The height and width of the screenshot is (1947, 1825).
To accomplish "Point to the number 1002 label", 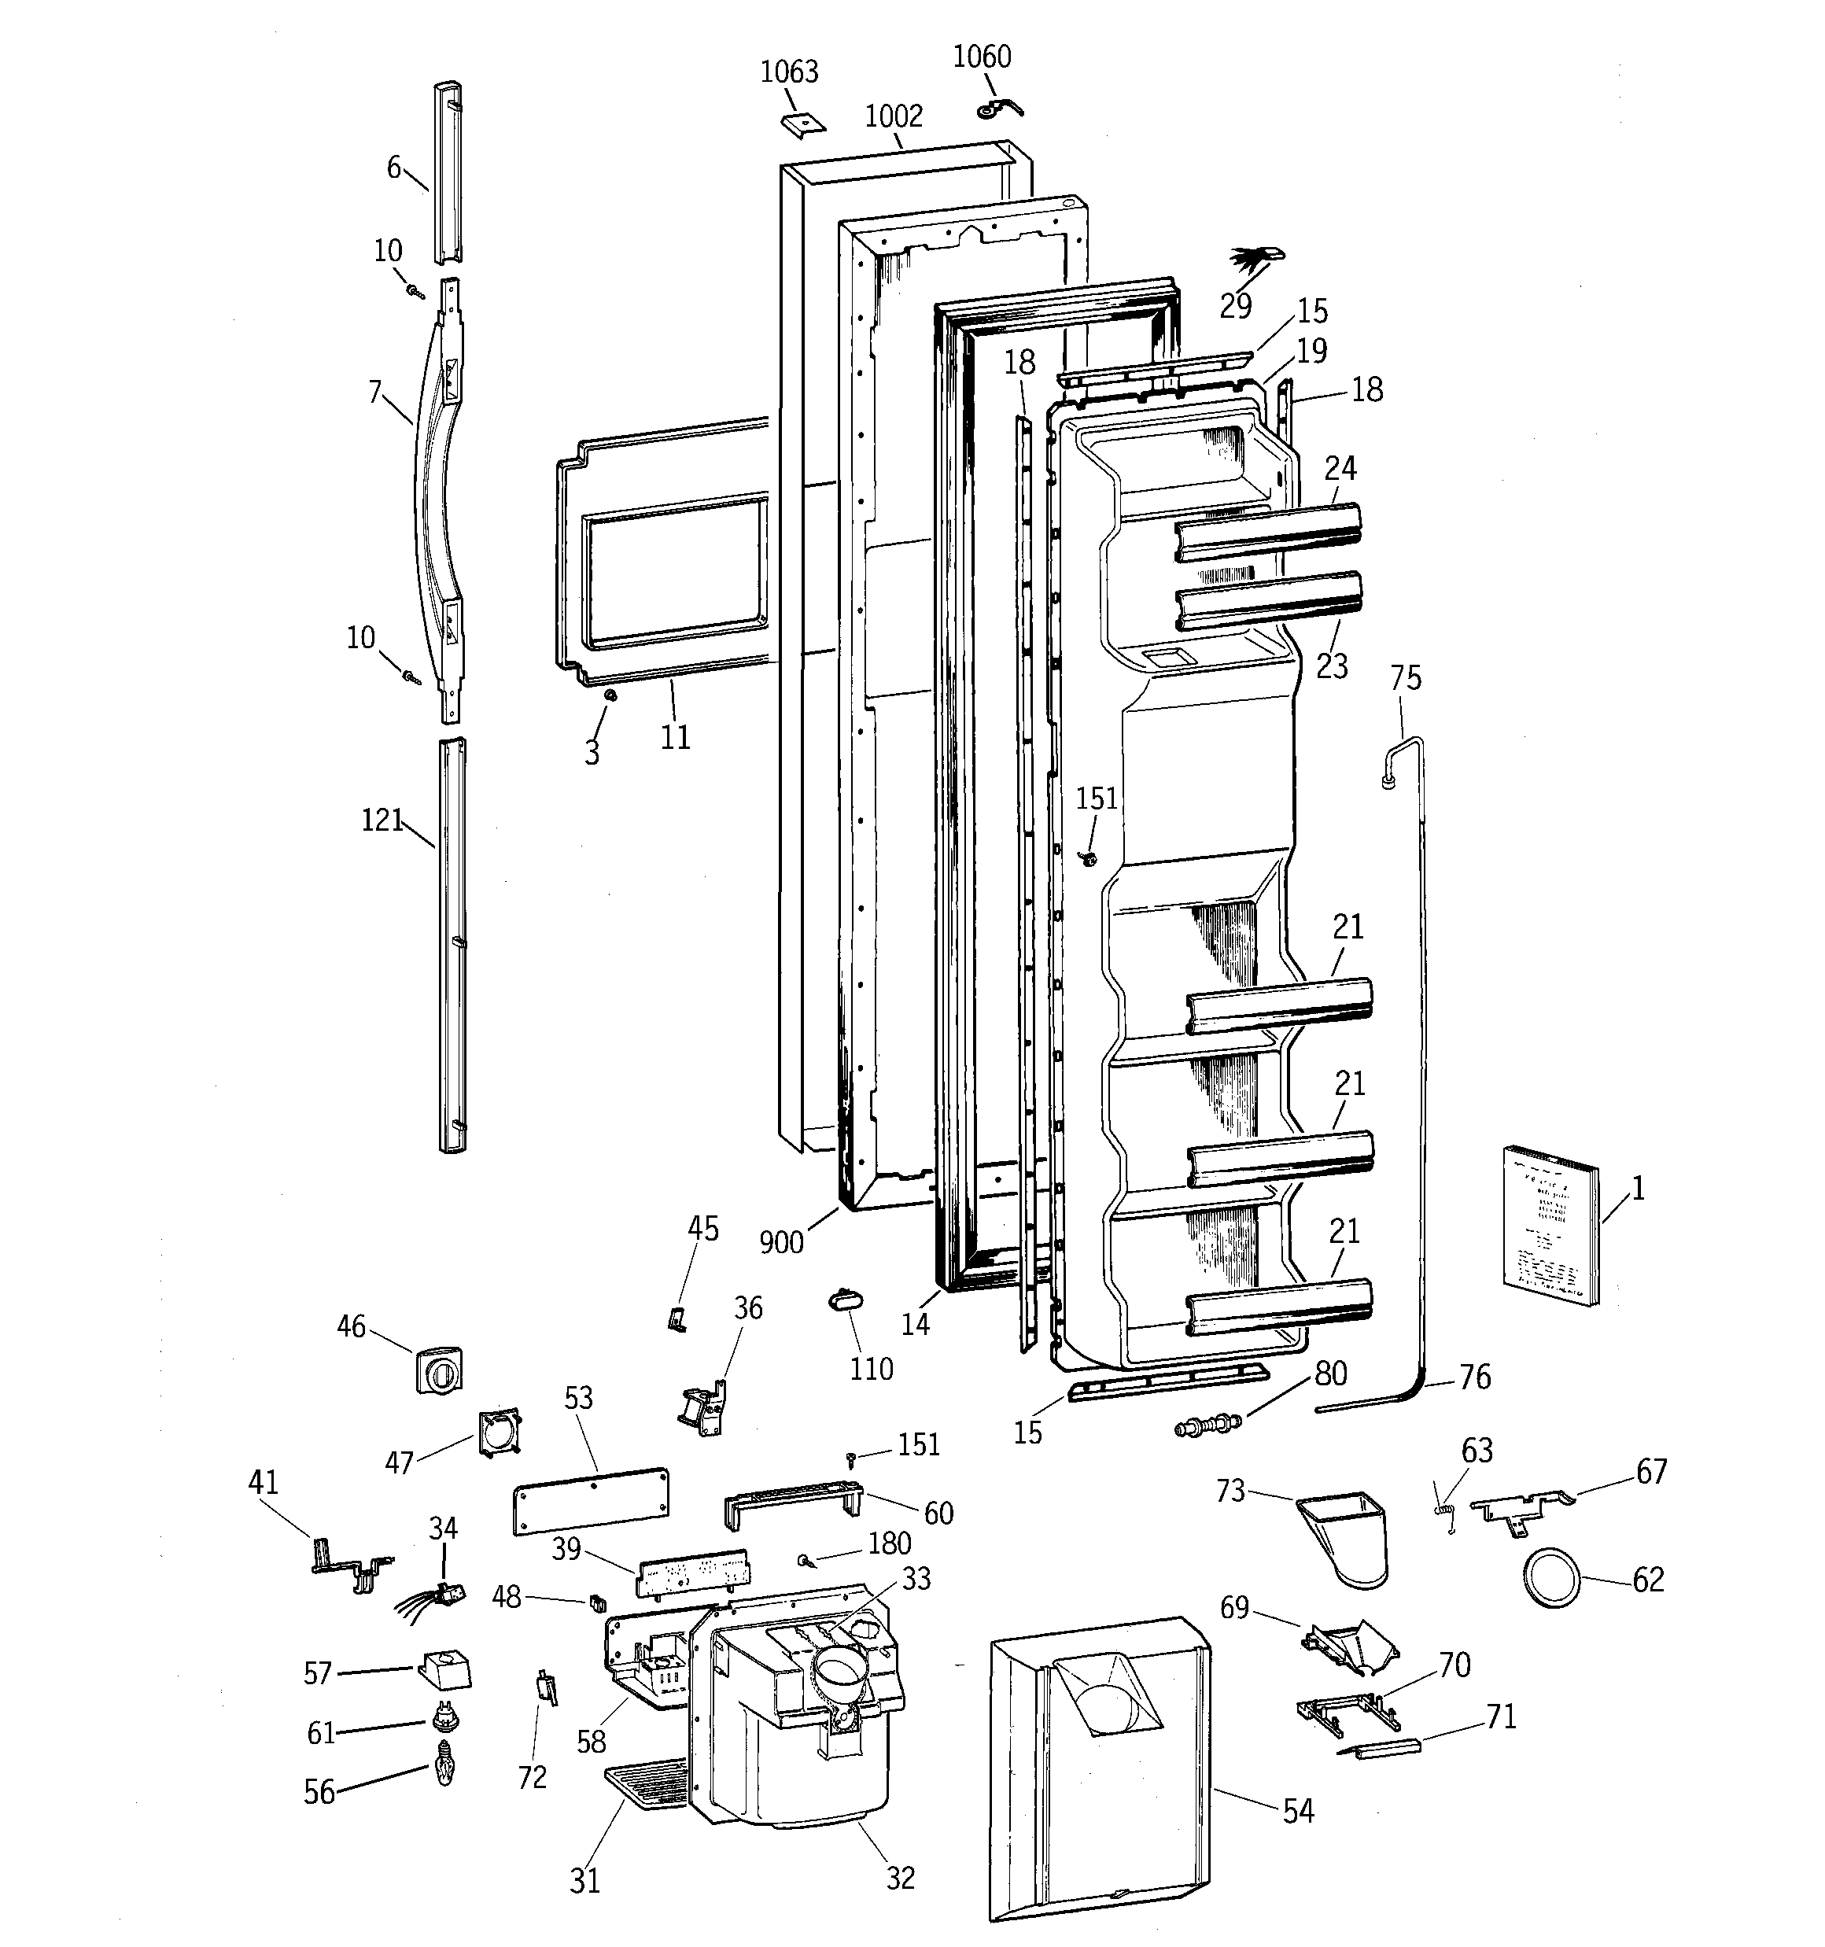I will tap(894, 116).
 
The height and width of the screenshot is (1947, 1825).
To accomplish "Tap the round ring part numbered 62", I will tap(1552, 1580).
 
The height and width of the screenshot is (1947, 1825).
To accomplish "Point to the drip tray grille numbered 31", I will tap(647, 1780).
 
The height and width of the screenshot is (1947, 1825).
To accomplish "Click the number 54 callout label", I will tap(1298, 1811).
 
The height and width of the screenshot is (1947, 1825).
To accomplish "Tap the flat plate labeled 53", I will tap(591, 1499).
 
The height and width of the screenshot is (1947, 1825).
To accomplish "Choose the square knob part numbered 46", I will tap(439, 1371).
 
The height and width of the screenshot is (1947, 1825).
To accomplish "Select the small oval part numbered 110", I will tap(843, 1300).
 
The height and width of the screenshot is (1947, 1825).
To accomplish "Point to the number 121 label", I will tap(382, 820).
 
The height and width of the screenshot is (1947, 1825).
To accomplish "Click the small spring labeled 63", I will tap(1445, 1509).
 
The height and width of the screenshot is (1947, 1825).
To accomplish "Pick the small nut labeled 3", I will tap(610, 695).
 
